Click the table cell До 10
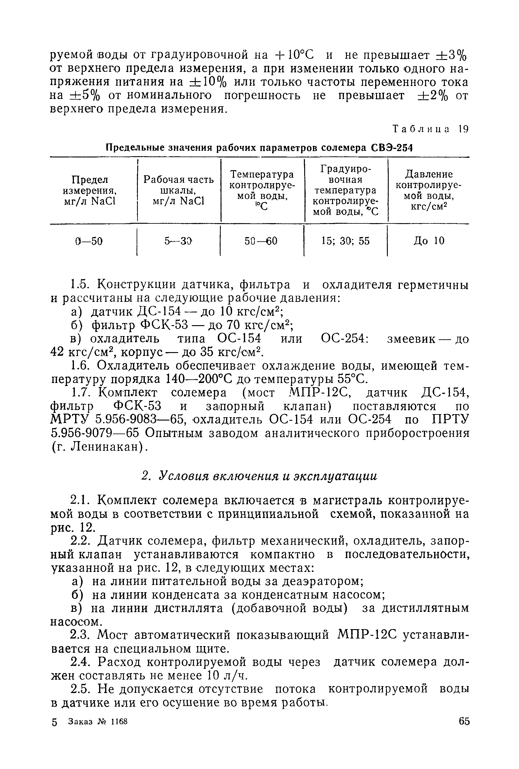point(429,241)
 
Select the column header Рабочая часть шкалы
point(178,190)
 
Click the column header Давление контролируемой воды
point(429,190)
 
